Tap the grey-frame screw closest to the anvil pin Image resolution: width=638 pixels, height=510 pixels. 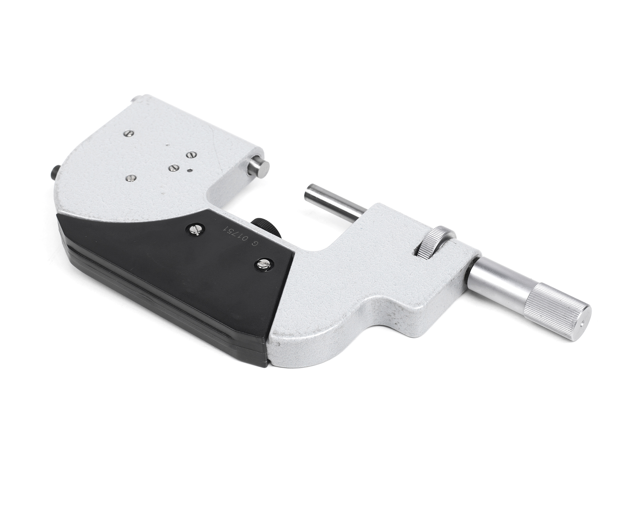191,155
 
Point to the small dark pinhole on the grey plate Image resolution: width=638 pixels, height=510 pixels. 190,170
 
